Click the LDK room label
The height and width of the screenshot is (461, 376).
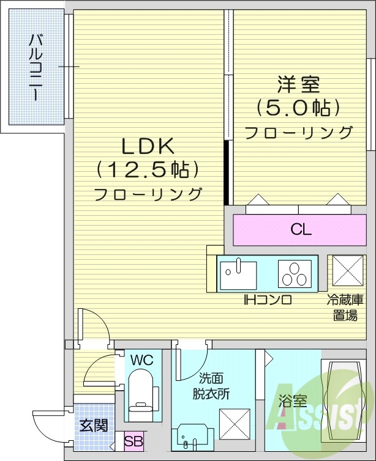[148, 146]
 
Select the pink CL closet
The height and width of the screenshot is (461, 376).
[301, 230]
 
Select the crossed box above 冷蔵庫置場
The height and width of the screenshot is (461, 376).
[348, 271]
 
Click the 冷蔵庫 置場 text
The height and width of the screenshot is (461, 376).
[346, 308]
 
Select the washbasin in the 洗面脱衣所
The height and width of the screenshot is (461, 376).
[192, 436]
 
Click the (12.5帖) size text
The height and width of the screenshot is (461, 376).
[148, 169]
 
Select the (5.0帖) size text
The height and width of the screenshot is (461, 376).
[298, 108]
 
